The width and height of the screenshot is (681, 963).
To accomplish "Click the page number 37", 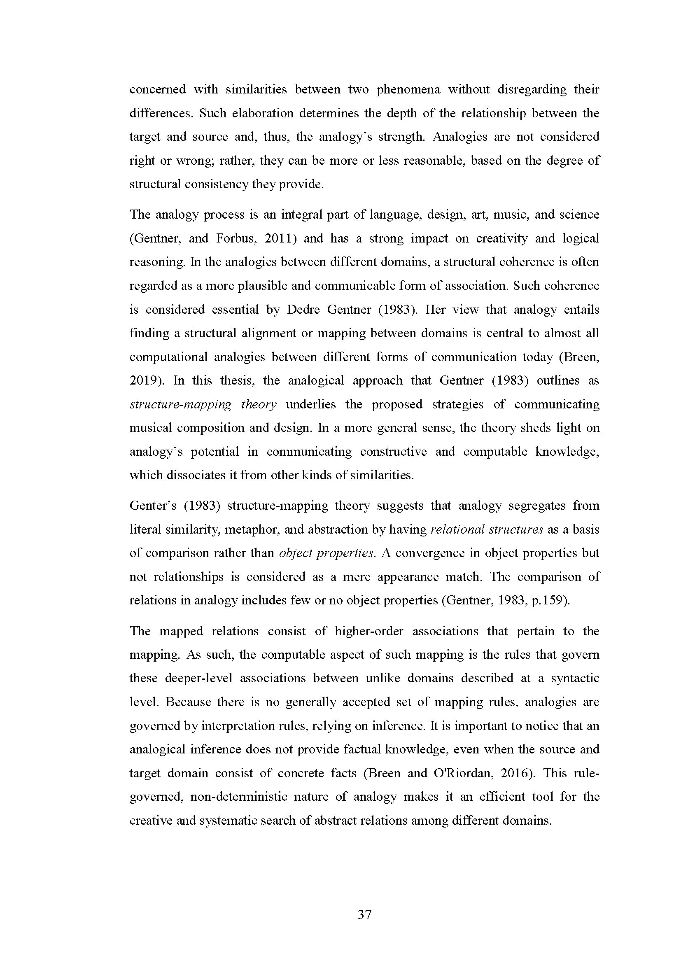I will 364,914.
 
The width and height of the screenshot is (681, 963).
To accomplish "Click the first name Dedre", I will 303,310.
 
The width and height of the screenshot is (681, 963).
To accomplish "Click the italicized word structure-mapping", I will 181,404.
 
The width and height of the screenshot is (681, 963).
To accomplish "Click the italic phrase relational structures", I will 487,529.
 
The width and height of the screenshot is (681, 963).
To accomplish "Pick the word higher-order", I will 369,631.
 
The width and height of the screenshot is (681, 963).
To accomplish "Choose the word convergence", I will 427,553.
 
